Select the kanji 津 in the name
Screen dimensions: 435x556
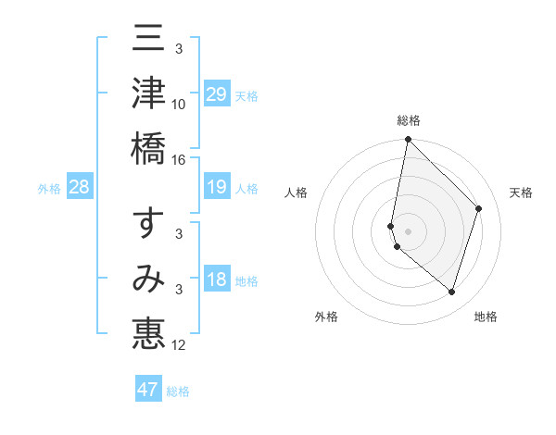(148, 93)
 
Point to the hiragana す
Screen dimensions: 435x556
(148, 226)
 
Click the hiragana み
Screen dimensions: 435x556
(148, 280)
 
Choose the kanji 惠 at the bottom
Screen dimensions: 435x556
(148, 333)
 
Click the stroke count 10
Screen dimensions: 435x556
(179, 105)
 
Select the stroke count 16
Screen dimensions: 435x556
(179, 159)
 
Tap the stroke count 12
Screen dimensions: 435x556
(179, 345)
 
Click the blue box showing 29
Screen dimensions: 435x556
(217, 94)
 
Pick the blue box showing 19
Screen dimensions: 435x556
(217, 188)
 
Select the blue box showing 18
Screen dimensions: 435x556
(217, 280)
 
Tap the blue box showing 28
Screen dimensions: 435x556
(79, 188)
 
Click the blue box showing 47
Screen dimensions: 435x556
(148, 390)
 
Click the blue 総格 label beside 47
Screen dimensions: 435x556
(178, 391)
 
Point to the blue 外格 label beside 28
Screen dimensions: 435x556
(49, 189)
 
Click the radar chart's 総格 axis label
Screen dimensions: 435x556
(408, 120)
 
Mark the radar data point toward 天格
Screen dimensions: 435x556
(479, 208)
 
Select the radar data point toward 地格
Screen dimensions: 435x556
(451, 292)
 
